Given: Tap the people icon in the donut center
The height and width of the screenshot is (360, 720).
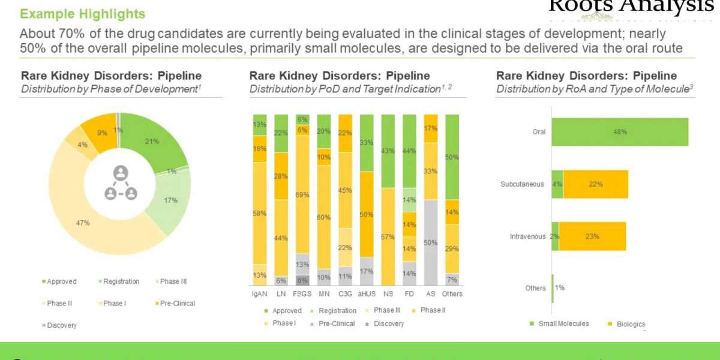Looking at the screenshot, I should pos(121,183).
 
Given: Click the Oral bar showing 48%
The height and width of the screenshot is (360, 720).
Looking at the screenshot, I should pos(620,132).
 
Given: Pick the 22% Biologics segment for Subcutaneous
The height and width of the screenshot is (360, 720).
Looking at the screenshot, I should pos(595,184).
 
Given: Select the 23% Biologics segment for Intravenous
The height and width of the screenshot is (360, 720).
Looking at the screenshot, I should pos(592,236).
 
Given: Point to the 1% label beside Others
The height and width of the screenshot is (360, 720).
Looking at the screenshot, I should pos(560,288).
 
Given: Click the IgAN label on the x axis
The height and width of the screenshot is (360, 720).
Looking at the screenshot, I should pos(259,294).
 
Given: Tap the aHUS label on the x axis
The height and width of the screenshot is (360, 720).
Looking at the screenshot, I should pos(367,294).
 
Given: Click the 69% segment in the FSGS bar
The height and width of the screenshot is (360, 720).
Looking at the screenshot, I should pos(302,194).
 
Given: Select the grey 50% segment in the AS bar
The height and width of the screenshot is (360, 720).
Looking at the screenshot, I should pos(431,242).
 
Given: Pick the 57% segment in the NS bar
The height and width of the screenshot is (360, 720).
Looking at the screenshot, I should pos(388,237).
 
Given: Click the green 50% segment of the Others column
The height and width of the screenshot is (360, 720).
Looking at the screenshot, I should pos(452,157).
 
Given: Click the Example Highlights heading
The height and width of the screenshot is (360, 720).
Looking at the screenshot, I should pos(83,13).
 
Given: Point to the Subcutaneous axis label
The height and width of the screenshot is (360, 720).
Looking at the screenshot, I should pos(522,184).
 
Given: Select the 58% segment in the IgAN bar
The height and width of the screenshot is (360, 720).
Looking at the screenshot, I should pos(260,213).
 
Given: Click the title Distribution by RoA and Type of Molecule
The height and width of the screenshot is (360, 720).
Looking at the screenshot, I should pos(594,89).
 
